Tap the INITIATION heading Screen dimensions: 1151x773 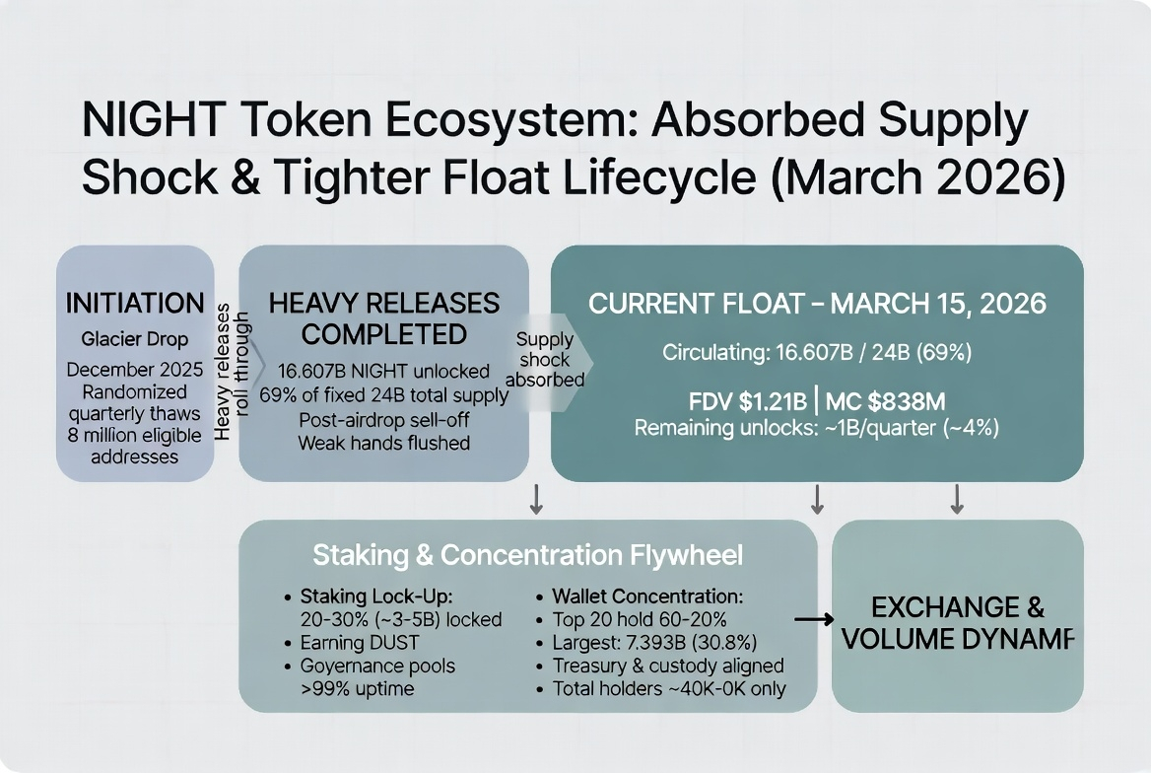tap(135, 303)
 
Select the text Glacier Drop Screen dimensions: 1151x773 tap(135, 339)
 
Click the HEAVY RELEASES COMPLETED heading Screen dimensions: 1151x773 tap(384, 317)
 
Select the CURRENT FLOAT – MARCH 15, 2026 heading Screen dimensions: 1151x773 tap(817, 304)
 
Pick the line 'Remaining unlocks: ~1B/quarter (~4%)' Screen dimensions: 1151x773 tap(816, 429)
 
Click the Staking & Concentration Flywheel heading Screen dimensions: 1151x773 tap(527, 555)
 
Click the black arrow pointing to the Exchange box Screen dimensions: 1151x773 tap(814, 619)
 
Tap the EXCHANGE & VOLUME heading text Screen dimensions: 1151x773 tap(957, 623)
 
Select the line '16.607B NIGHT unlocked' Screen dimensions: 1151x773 tap(384, 371)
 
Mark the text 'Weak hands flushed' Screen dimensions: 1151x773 tap(384, 443)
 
